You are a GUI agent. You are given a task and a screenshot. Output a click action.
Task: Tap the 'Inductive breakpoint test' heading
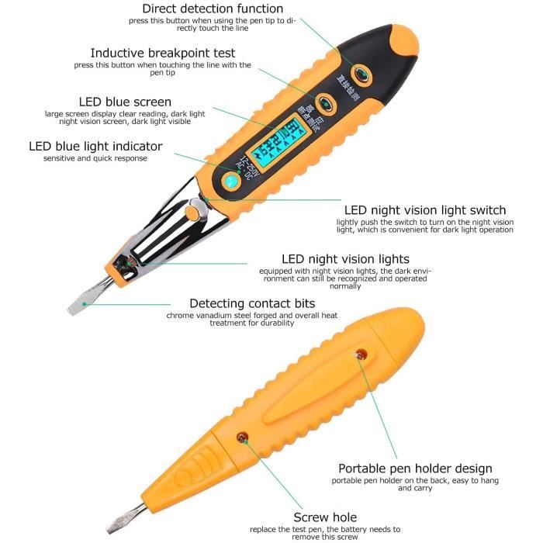click(163, 54)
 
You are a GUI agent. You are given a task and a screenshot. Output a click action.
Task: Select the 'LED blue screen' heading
click(125, 102)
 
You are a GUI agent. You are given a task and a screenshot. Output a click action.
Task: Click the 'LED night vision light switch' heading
click(425, 210)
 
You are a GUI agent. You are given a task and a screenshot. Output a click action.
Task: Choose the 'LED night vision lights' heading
click(345, 259)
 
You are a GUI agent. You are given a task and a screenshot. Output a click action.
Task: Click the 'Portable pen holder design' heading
click(415, 469)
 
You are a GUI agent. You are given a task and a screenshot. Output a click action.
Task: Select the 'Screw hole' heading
click(325, 517)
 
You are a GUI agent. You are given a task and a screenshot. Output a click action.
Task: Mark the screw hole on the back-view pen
click(241, 438)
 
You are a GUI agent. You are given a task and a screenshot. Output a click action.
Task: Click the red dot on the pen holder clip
click(359, 355)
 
